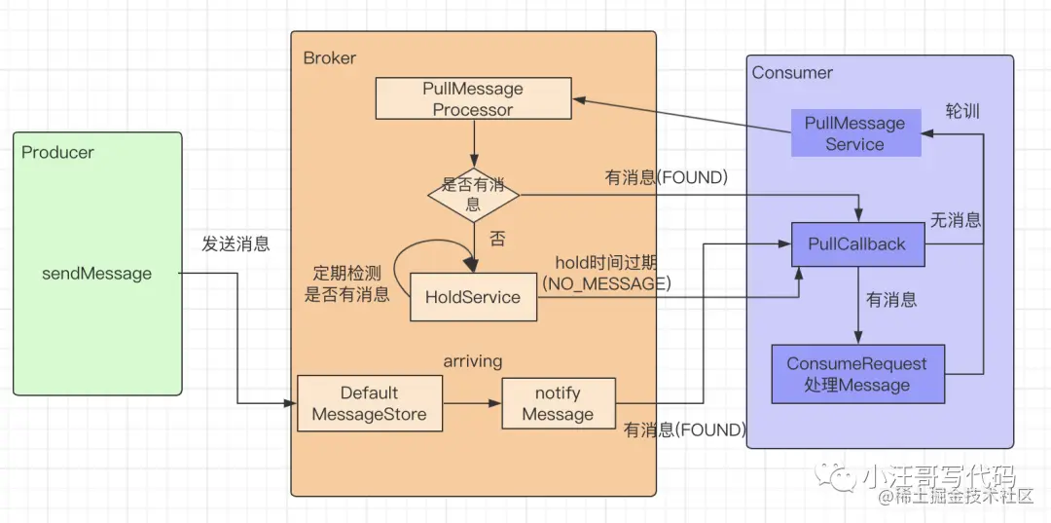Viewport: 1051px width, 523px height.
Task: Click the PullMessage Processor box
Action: [x=473, y=99]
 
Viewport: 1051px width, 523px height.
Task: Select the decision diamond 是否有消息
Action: [x=473, y=195]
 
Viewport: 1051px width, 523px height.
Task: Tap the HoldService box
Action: [x=473, y=297]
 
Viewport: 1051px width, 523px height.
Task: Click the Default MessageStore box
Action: [x=369, y=404]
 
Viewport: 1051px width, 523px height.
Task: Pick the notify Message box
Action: [x=558, y=404]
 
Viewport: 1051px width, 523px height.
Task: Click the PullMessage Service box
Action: [x=854, y=133]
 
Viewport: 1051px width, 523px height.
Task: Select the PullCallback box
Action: [x=856, y=244]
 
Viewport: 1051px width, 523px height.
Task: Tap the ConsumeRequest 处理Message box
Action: [x=856, y=374]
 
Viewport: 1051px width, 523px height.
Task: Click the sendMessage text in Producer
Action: [x=96, y=274]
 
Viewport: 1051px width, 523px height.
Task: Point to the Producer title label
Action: [x=57, y=153]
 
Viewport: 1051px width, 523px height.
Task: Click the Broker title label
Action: [x=330, y=58]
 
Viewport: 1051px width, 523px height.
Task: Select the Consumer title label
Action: [x=792, y=73]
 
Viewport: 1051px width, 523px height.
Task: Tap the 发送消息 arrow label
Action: [x=236, y=244]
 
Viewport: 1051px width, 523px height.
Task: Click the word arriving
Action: [x=472, y=361]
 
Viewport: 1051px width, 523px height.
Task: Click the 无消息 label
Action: [x=955, y=221]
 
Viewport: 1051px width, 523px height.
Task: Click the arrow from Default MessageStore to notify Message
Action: [x=471, y=403]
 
